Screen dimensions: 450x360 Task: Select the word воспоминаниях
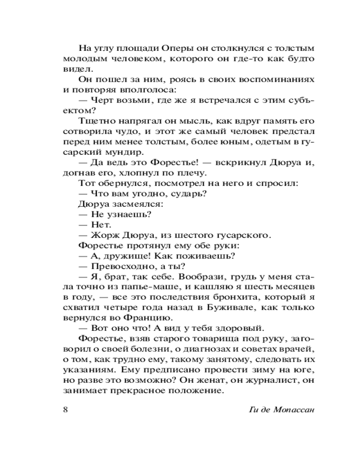click(280, 79)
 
